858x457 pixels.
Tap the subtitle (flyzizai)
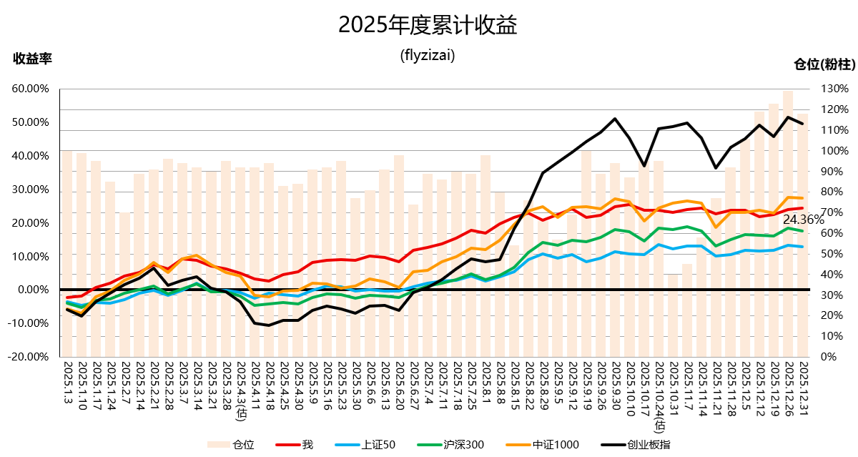click(428, 55)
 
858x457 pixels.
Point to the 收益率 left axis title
click(32, 58)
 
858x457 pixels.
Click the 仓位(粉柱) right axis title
click(824, 64)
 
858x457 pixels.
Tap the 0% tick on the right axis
click(828, 356)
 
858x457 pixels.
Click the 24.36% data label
click(803, 220)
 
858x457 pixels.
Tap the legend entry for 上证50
click(379, 445)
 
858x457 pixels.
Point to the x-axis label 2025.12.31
click(802, 387)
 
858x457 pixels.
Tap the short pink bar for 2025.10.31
click(672, 315)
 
